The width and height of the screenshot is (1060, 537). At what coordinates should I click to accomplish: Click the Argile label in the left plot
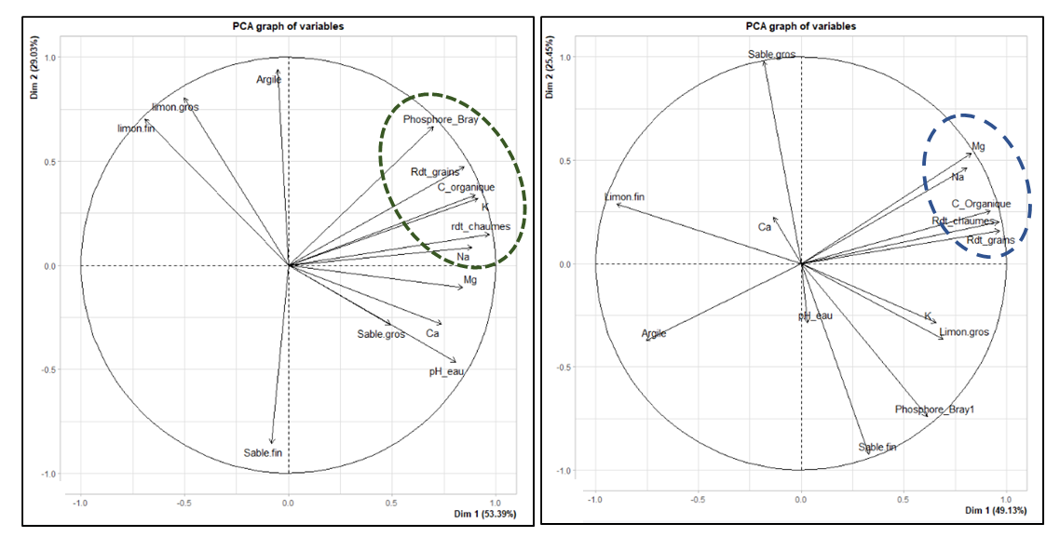(x=269, y=80)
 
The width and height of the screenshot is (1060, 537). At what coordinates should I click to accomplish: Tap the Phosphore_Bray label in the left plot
(x=441, y=120)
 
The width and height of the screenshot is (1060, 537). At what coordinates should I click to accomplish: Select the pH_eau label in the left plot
(x=446, y=371)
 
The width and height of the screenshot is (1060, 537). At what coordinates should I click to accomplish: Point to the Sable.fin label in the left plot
(x=263, y=453)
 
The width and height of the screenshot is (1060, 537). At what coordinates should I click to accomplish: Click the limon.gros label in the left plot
(x=175, y=107)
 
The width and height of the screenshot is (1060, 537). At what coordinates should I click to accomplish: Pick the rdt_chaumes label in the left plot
(x=481, y=227)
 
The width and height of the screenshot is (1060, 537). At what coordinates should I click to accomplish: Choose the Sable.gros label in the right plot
(x=772, y=55)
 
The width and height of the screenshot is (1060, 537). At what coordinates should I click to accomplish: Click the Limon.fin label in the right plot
(x=624, y=196)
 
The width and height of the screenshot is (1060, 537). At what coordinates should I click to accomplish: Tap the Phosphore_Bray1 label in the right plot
(x=934, y=409)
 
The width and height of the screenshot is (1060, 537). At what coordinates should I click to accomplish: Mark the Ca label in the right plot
(x=765, y=227)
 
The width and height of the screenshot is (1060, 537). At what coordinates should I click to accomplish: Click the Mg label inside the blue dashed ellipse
(x=978, y=146)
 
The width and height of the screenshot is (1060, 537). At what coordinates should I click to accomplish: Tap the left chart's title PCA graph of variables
(x=288, y=26)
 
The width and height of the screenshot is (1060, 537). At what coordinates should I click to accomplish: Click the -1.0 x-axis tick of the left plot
(x=80, y=501)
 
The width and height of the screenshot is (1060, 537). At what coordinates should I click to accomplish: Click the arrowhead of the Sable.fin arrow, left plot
(x=272, y=444)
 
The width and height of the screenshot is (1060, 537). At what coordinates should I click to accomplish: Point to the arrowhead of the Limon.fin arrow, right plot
(x=618, y=204)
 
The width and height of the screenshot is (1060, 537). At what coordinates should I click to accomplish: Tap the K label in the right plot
(x=927, y=316)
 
